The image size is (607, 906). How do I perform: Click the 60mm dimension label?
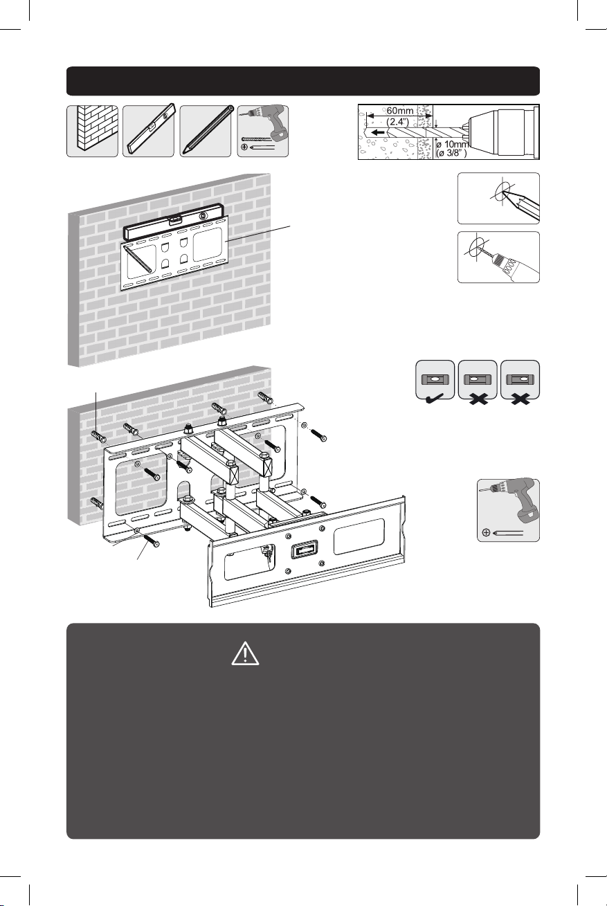click(x=400, y=111)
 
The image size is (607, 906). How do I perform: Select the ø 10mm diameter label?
click(x=452, y=145)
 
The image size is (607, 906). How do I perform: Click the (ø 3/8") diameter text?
click(x=451, y=153)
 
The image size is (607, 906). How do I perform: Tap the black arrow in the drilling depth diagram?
click(x=378, y=132)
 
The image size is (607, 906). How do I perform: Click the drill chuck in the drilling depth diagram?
click(x=503, y=132)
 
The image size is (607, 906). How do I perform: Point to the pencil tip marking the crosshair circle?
click(x=502, y=193)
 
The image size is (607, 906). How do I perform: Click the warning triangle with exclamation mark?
click(x=245, y=653)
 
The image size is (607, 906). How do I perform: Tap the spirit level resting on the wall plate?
click(x=173, y=221)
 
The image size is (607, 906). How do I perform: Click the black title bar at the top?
click(x=303, y=81)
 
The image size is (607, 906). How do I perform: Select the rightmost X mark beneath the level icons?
click(x=520, y=399)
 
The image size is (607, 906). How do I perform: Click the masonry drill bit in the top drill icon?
click(x=256, y=139)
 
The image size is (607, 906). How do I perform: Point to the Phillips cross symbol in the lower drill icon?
click(x=487, y=532)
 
